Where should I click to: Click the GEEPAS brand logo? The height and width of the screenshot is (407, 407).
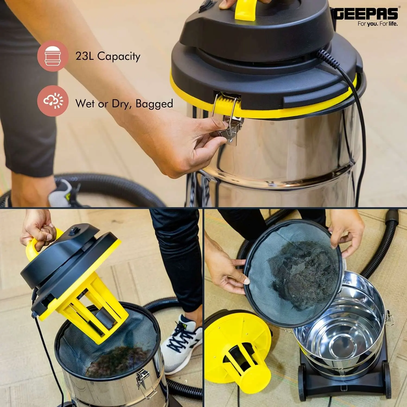[x=366, y=14]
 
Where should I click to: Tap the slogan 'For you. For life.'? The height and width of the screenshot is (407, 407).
[x=378, y=24]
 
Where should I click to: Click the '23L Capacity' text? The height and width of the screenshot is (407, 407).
[x=108, y=56]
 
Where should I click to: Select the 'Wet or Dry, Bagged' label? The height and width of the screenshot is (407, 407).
[x=124, y=104]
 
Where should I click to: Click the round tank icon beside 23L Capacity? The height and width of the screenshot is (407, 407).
[x=53, y=56]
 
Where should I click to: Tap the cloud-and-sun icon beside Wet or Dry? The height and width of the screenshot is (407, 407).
[x=53, y=101]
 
